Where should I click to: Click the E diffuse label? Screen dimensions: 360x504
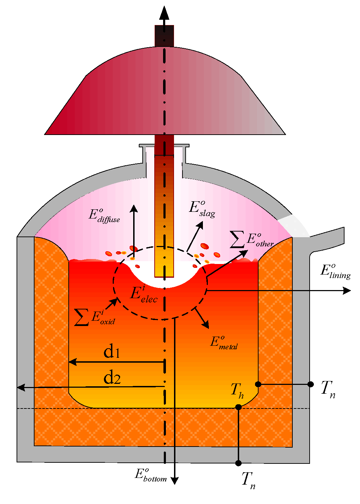(x=104, y=215)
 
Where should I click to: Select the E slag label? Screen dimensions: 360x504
(x=202, y=209)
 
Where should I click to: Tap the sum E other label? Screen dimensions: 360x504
(x=252, y=240)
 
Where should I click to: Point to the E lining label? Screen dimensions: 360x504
(x=335, y=271)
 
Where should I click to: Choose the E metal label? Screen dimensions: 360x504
(x=224, y=343)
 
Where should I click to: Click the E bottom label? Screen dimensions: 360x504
(x=150, y=475)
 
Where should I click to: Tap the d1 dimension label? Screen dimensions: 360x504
(x=112, y=352)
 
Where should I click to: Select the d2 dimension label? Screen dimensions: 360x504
(x=112, y=378)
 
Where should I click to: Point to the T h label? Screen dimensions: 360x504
(x=237, y=390)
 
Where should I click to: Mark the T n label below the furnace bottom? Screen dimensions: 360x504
(x=248, y=480)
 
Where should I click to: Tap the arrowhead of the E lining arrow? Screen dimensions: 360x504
(x=347, y=290)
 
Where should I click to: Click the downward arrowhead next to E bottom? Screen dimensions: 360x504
(x=174, y=480)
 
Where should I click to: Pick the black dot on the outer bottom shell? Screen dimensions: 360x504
(x=238, y=463)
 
